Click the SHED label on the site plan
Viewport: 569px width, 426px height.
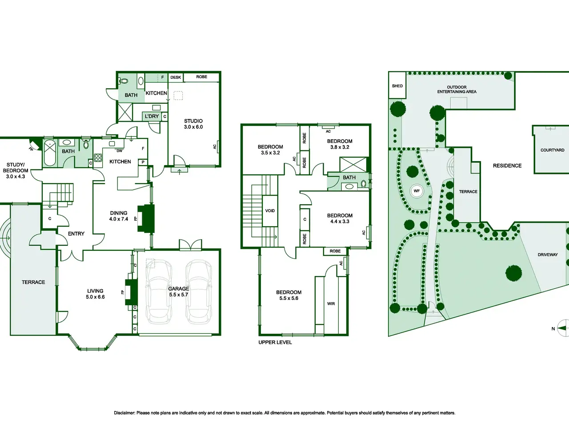397,86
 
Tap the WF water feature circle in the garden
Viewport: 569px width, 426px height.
417,191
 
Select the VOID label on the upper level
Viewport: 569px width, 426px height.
270,211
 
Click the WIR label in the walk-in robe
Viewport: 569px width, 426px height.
331,304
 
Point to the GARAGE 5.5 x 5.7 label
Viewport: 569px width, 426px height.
178,292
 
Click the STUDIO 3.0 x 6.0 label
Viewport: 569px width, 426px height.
193,124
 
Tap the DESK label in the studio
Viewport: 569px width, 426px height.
176,77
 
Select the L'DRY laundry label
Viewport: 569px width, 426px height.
152,116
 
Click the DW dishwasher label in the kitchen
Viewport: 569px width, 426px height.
120,151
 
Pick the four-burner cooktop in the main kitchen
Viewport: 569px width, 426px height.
98,158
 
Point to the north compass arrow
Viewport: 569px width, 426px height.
561,328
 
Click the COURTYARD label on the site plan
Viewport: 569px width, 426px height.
553,150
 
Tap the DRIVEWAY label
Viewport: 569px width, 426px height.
548,255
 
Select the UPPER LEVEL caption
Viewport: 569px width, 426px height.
275,343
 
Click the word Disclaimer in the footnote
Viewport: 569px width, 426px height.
124,413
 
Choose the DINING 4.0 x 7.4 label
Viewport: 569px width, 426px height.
119,216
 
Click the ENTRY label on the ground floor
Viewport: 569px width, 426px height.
76,234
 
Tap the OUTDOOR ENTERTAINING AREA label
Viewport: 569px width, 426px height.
457,90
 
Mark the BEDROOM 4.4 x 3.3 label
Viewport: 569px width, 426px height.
340,219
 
